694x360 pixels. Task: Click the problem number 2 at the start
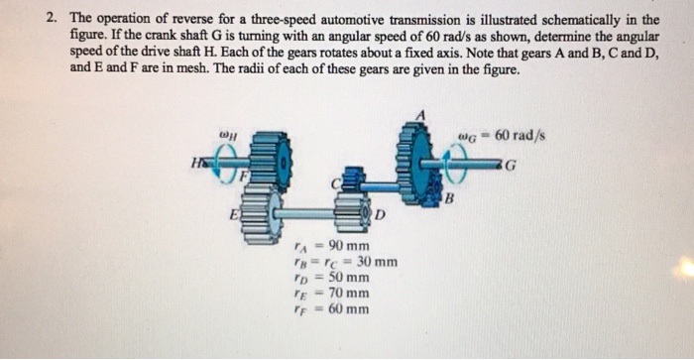(49, 19)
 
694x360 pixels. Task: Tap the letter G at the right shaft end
(538, 165)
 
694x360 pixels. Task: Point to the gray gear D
(350, 213)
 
